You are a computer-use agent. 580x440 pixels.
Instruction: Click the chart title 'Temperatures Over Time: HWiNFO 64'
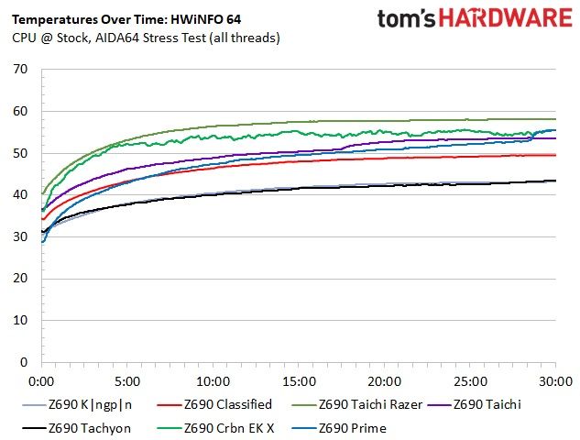point(126,19)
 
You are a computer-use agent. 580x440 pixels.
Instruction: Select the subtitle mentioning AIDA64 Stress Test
point(146,38)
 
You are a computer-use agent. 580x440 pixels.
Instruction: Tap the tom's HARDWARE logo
point(475,18)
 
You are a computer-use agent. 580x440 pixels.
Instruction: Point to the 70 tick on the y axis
point(20,69)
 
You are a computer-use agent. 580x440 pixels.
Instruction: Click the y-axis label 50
point(20,153)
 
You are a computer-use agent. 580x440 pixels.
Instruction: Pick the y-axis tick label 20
point(20,279)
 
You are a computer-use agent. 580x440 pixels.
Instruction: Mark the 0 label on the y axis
point(24,362)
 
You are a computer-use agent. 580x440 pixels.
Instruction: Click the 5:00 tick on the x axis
point(127,381)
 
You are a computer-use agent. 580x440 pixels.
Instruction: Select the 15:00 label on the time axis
point(299,381)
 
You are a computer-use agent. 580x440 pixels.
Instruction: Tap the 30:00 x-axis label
point(555,381)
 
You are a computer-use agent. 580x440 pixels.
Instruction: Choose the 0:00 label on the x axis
point(41,381)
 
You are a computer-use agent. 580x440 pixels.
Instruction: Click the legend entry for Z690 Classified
point(214,404)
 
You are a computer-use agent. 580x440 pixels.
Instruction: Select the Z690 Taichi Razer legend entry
point(357,404)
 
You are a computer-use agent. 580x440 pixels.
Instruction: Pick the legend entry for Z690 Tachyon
point(77,428)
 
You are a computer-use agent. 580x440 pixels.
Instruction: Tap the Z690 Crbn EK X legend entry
point(215,428)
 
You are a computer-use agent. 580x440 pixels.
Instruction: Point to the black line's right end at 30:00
point(555,181)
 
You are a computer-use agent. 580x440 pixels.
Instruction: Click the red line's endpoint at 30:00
point(555,155)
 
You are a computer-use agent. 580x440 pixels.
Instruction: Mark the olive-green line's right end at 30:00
point(555,119)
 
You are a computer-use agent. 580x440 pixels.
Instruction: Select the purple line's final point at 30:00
point(555,138)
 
